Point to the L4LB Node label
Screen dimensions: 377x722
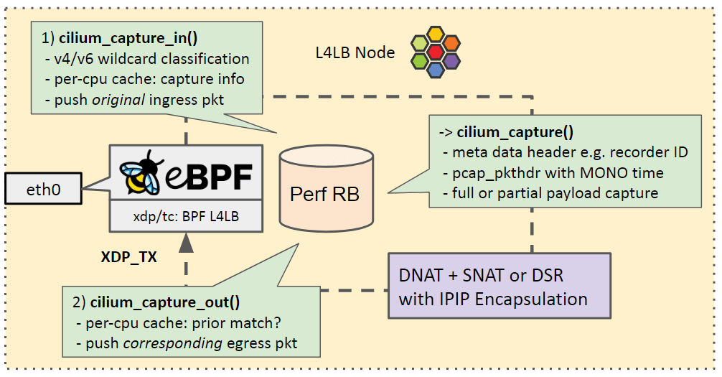coord(355,52)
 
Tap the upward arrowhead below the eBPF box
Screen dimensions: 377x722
coord(186,243)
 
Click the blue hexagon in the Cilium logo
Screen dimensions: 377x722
coord(436,70)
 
